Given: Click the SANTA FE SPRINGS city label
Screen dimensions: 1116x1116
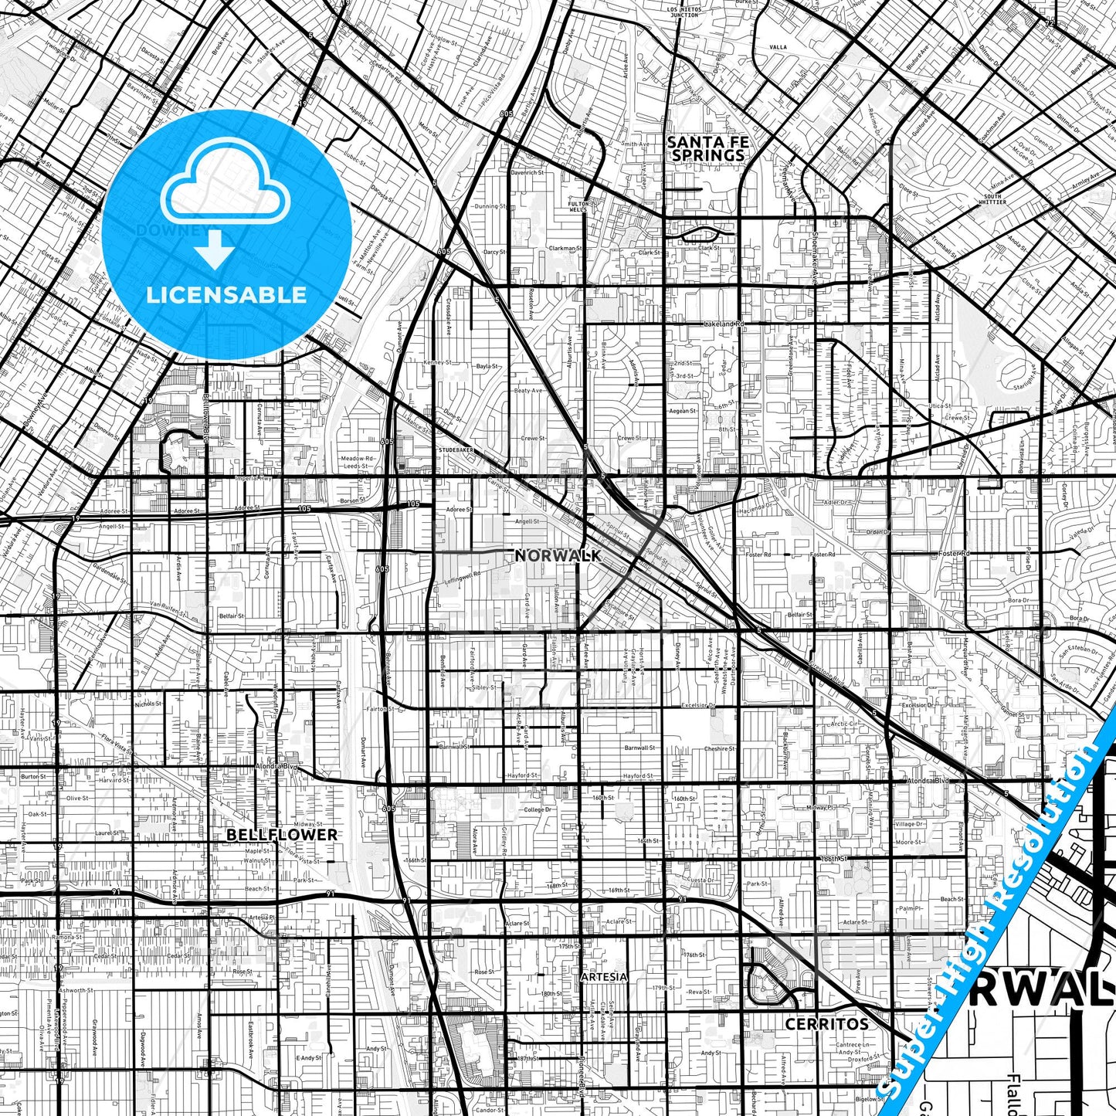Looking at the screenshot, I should (707, 148).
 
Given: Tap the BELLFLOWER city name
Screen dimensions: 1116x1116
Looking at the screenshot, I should (282, 835).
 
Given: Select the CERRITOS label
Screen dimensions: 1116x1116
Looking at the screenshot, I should (826, 1024).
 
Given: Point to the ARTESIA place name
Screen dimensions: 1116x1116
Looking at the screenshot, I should (604, 976).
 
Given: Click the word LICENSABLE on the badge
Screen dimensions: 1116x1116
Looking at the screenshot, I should (226, 294).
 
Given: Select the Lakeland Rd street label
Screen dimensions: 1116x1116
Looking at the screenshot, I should (723, 324).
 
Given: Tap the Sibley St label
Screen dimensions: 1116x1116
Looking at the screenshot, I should (484, 686).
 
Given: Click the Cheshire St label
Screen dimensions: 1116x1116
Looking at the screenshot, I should (720, 748).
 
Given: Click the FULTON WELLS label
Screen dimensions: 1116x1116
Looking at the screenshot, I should (578, 206).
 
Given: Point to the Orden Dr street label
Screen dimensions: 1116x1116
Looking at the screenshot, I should (877, 532).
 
